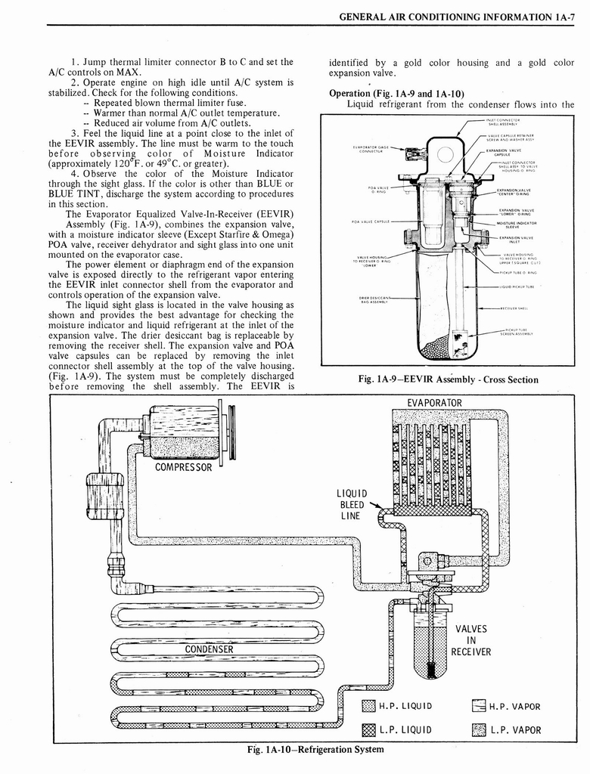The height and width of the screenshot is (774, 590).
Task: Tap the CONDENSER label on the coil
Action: [210, 649]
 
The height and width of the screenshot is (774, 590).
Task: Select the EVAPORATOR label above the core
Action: [434, 402]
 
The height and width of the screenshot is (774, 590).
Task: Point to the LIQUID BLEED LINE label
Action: [352, 505]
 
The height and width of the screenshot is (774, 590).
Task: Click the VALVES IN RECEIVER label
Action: [471, 640]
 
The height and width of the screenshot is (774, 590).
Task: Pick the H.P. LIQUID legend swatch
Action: [369, 707]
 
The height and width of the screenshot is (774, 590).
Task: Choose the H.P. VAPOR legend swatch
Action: [478, 707]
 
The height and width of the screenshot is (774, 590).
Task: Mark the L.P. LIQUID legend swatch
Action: [369, 730]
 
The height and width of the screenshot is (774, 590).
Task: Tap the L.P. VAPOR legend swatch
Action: [478, 730]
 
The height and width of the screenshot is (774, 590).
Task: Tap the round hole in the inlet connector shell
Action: [446, 155]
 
